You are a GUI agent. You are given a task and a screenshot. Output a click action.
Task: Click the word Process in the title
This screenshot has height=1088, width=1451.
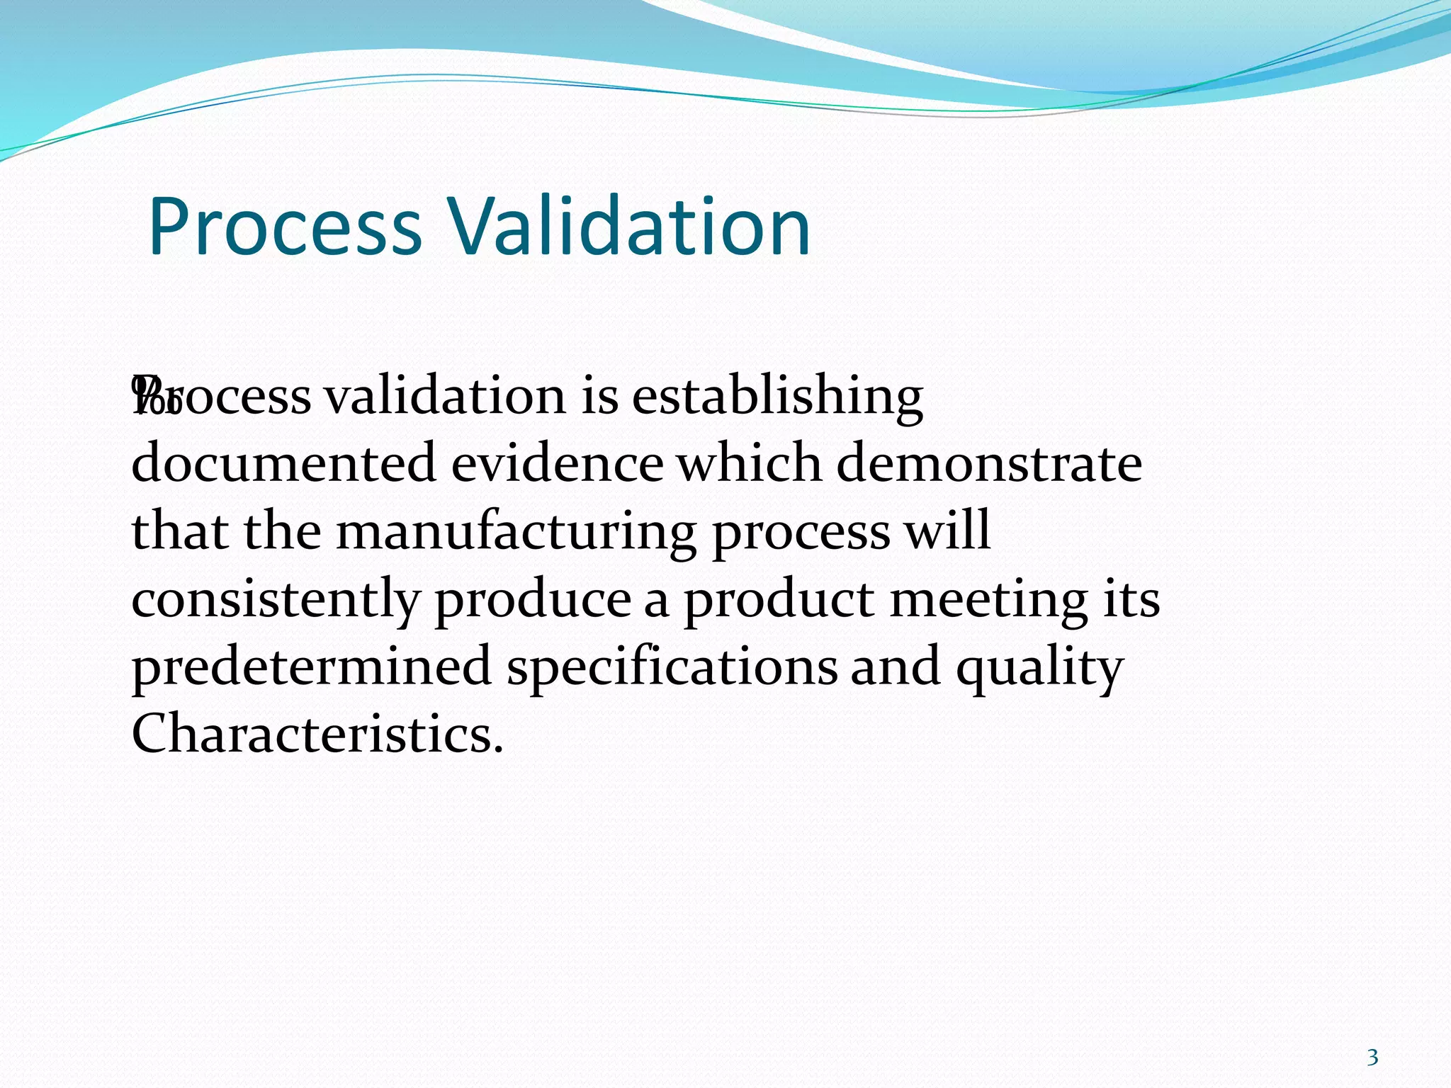[285, 227]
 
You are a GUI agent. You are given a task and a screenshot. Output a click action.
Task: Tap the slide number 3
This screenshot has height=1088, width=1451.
[1372, 1058]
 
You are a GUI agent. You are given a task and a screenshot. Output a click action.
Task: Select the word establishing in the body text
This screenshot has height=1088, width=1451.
[777, 397]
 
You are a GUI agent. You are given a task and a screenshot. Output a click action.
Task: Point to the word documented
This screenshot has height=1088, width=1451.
[283, 463]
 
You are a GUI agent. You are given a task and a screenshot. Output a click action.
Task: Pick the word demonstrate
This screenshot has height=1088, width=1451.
[989, 463]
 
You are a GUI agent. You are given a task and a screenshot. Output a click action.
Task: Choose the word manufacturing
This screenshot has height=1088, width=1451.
[516, 533]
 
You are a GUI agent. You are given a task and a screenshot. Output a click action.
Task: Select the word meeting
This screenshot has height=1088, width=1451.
[988, 599]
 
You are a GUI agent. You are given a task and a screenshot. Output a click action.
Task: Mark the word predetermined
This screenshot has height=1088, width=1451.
[312, 667]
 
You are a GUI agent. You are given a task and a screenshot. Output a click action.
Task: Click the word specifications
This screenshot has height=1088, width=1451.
[672, 667]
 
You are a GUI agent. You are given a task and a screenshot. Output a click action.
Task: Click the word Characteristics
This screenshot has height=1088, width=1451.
[317, 734]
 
